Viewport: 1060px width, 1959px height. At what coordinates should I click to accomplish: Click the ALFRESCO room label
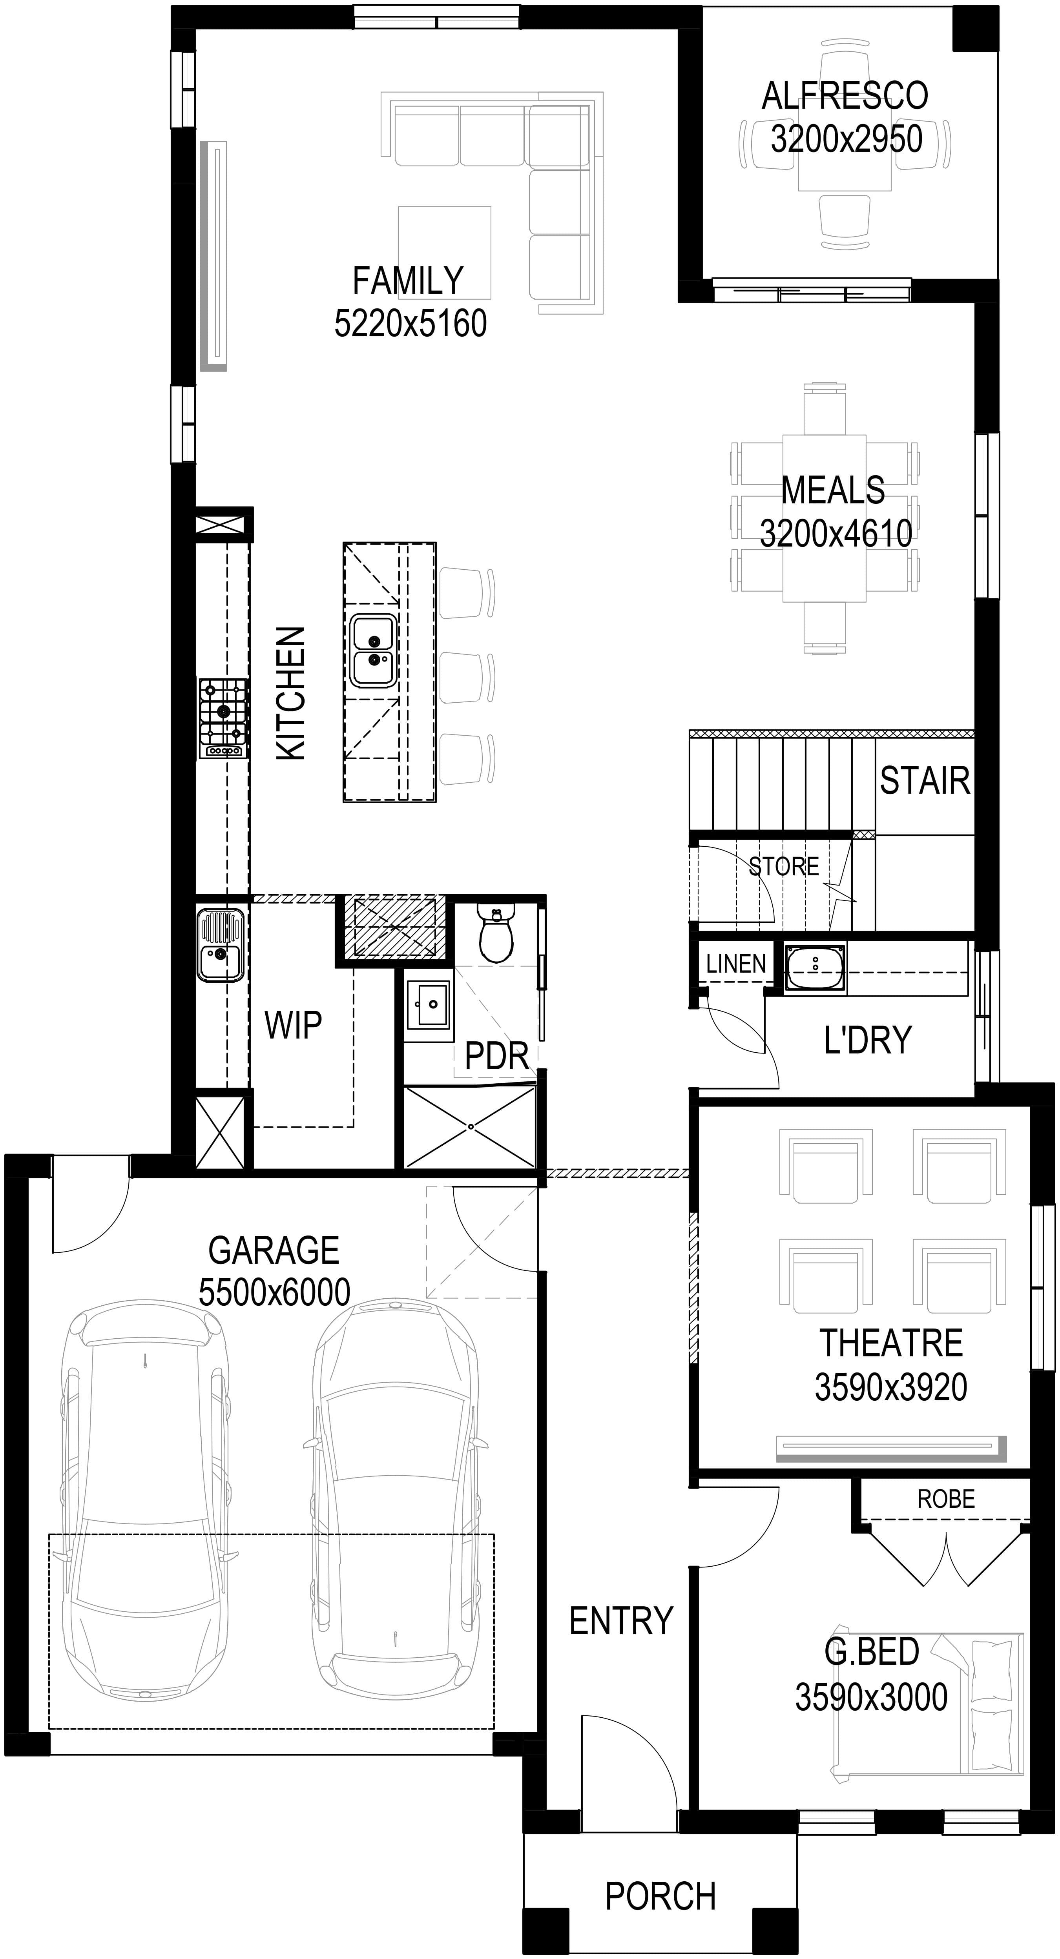point(845,96)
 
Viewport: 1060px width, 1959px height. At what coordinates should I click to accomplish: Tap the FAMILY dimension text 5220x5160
point(410,323)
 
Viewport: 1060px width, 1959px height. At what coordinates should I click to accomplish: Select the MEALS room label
point(834,490)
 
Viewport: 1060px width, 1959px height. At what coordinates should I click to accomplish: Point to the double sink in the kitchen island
point(372,650)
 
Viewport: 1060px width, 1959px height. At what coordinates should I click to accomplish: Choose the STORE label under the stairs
point(784,866)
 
